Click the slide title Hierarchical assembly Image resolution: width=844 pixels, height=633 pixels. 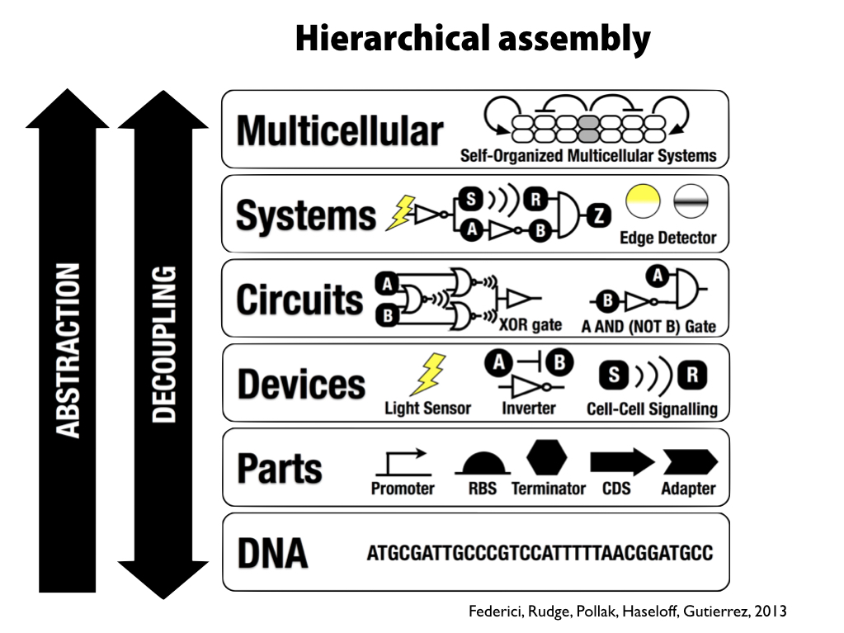click(473, 39)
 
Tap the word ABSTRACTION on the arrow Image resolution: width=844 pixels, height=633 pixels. click(68, 350)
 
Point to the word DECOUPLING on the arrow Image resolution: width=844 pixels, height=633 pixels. click(164, 344)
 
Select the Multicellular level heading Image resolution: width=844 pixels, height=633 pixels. click(340, 130)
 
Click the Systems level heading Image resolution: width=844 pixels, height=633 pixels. click(306, 215)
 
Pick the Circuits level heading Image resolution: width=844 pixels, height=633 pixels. click(299, 300)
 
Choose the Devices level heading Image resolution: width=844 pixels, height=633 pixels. click(301, 385)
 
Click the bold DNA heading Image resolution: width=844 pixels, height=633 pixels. click(272, 553)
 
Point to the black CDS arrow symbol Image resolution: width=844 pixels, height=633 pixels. click(621, 462)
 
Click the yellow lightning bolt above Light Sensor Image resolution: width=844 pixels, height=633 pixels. click(428, 375)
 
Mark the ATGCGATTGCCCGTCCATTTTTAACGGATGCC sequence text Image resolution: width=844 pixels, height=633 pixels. click(539, 553)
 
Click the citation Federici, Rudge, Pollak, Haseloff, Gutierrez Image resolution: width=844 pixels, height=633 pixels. click(627, 612)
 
